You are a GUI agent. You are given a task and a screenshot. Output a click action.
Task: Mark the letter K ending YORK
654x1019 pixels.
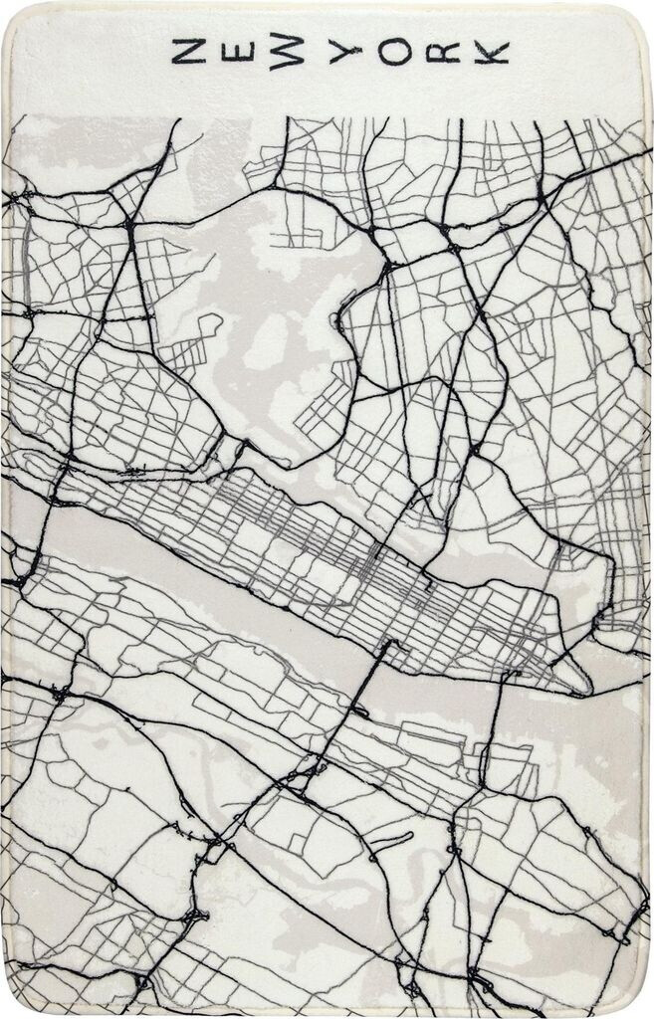491,53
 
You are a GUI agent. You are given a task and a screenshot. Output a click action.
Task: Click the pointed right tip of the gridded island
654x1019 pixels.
587,687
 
